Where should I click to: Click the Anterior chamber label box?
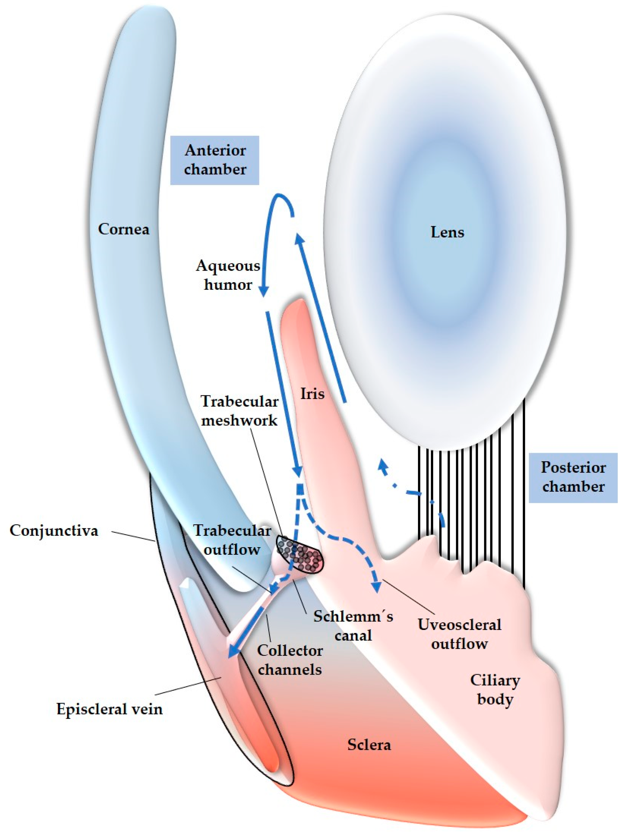[215, 160]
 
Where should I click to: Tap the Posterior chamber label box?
[573, 477]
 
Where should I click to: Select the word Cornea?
[123, 229]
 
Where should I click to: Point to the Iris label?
[312, 394]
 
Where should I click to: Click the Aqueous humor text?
[228, 275]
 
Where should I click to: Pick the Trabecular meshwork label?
[239, 411]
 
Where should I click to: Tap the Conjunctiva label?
[54, 531]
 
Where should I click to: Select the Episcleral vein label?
[109, 709]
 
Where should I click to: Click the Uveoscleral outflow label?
[459, 634]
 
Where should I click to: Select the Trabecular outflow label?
[232, 540]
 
